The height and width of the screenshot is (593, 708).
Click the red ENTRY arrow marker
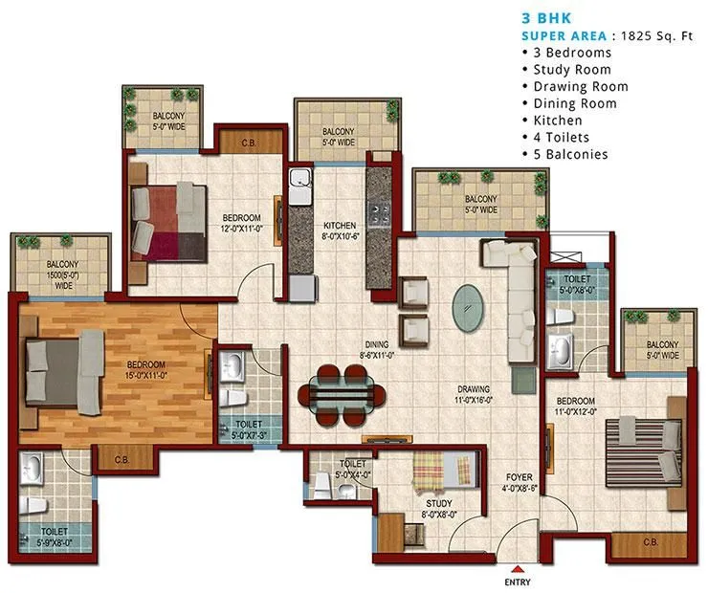517,566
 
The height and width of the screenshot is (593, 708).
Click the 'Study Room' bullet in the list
572,70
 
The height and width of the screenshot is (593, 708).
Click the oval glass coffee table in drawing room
468,304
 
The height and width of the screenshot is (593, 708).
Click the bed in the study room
444,472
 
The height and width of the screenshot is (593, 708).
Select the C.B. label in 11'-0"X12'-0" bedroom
651,542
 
